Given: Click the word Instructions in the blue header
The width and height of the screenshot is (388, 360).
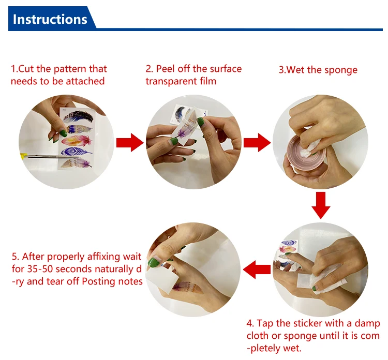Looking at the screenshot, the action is pos(50,19).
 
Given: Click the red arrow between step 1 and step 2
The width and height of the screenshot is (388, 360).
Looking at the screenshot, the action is pos(130,143).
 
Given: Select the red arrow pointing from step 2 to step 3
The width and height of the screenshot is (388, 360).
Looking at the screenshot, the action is pos(257,143).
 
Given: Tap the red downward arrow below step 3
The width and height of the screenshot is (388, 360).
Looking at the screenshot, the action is pos(321,205).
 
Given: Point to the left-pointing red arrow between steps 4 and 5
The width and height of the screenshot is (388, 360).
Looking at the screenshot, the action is pos(257,269).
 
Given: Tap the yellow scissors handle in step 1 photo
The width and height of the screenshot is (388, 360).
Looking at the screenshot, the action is pos(23,156).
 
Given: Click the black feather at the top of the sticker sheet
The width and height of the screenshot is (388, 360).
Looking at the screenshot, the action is pos(79,116).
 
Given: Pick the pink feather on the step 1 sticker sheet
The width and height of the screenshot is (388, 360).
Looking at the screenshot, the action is pos(77,141).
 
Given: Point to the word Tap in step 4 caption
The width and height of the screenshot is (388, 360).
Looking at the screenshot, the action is pos(265,324).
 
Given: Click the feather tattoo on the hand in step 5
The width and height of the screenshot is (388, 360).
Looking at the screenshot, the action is pos(188,287).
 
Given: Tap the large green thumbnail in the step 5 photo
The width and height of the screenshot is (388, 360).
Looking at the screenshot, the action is pos(154,263).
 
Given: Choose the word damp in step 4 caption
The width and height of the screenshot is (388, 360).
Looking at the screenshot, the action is pos(367,324).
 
